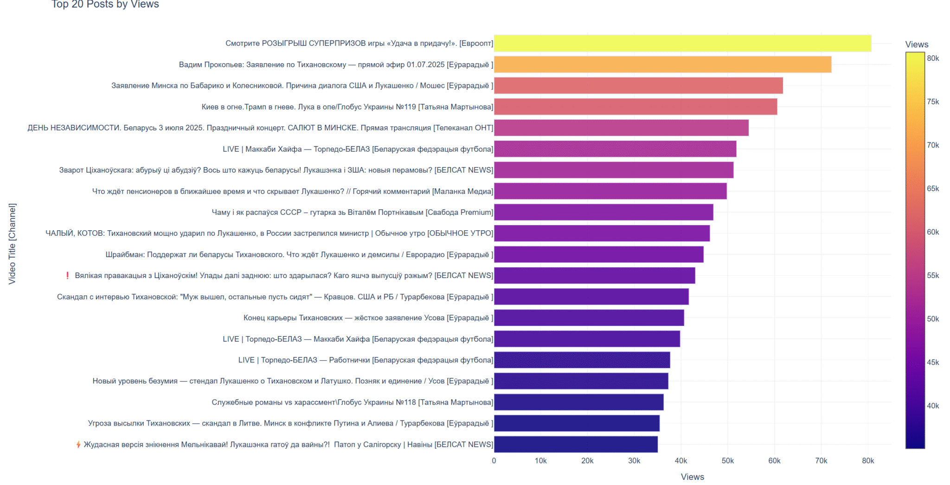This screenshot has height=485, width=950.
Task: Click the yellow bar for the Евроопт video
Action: (682, 43)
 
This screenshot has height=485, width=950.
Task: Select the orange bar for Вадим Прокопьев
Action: (662, 65)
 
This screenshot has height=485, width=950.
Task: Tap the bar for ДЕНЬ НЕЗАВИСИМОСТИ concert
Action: (621, 128)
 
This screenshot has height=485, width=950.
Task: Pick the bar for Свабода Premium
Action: (603, 212)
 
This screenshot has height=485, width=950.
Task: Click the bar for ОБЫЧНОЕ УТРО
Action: (602, 233)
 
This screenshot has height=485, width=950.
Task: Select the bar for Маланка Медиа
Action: (610, 191)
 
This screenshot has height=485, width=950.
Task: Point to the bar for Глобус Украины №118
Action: (578, 402)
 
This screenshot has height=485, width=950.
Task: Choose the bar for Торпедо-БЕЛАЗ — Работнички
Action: (582, 360)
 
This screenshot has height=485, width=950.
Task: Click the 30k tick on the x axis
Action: (634, 461)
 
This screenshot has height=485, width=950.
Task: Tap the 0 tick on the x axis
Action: (494, 461)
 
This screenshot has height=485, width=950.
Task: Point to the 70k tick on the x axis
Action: (821, 461)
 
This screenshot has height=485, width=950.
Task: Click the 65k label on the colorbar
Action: (933, 188)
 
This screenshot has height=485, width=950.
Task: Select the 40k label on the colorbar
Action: (933, 406)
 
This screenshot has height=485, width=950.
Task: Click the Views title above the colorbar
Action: (917, 45)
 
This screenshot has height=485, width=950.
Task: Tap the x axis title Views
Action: (692, 477)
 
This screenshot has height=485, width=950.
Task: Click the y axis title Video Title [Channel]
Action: (12, 244)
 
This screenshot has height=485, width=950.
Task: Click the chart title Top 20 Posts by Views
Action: (105, 5)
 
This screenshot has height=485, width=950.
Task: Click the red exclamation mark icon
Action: (68, 276)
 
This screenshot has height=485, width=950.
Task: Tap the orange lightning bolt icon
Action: (78, 445)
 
